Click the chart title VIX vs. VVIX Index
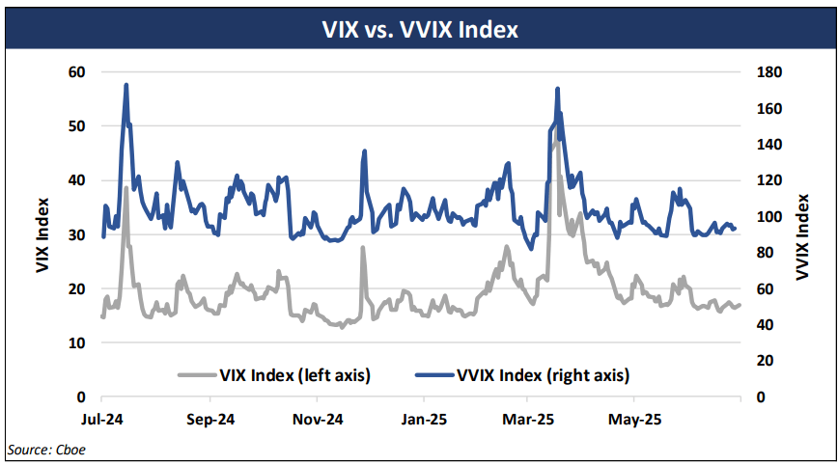[419, 30]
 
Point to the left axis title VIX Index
[42, 234]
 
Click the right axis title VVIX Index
[800, 234]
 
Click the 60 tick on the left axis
[76, 72]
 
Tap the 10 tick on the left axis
[76, 343]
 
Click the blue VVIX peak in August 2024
[126, 86]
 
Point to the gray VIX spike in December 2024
[363, 248]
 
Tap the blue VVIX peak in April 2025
[557, 89]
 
